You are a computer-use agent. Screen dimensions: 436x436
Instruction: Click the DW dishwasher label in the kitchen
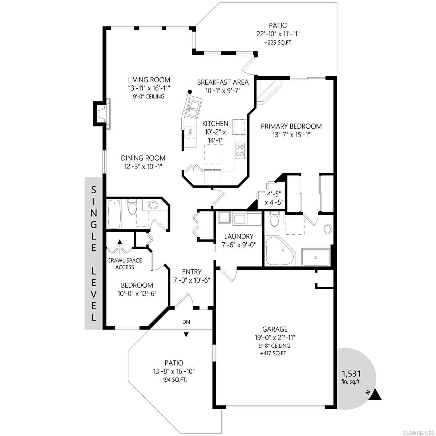click(190, 133)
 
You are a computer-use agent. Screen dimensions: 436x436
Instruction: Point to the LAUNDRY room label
click(238, 236)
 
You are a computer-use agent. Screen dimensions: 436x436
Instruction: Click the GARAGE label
click(275, 329)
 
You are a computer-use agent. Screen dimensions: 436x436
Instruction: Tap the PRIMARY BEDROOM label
click(291, 126)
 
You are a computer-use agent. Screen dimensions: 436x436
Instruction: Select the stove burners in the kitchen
click(240, 150)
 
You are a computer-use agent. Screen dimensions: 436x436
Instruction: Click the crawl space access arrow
click(120, 243)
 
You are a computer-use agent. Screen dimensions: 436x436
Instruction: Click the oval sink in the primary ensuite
click(328, 229)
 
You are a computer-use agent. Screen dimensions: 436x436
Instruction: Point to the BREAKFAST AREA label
click(223, 82)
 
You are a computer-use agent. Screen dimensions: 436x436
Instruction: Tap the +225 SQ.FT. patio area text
click(278, 43)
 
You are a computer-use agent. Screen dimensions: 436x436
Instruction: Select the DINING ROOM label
click(143, 158)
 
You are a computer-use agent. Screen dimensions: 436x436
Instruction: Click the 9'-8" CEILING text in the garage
click(275, 346)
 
